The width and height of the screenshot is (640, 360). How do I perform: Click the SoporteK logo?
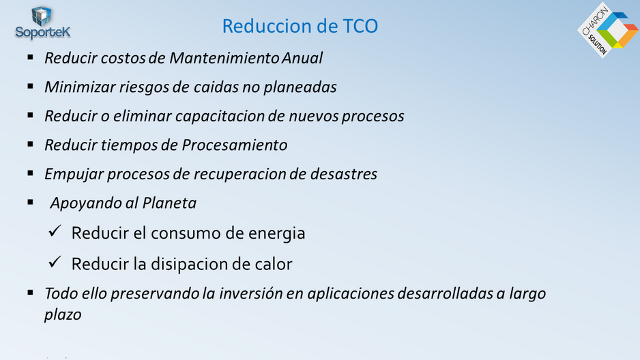click(42, 22)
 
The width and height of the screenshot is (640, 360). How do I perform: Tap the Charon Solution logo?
click(608, 30)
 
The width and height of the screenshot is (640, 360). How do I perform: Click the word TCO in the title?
click(360, 26)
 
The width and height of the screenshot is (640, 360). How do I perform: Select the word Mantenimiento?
click(224, 58)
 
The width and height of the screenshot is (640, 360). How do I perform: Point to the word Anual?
click(302, 58)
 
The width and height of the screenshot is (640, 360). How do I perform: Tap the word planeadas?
click(300, 87)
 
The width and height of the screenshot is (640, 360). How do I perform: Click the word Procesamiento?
click(234, 145)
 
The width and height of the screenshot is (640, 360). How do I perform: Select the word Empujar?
click(74, 174)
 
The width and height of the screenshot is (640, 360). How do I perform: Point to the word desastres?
click(344, 174)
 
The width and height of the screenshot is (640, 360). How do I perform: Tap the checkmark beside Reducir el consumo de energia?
click(55, 231)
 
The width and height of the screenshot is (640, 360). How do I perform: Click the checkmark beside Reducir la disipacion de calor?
click(55, 262)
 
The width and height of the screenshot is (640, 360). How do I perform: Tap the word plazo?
click(63, 315)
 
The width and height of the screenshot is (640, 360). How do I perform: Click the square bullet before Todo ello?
click(31, 292)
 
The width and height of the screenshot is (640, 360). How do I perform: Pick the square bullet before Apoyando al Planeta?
click(31, 202)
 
